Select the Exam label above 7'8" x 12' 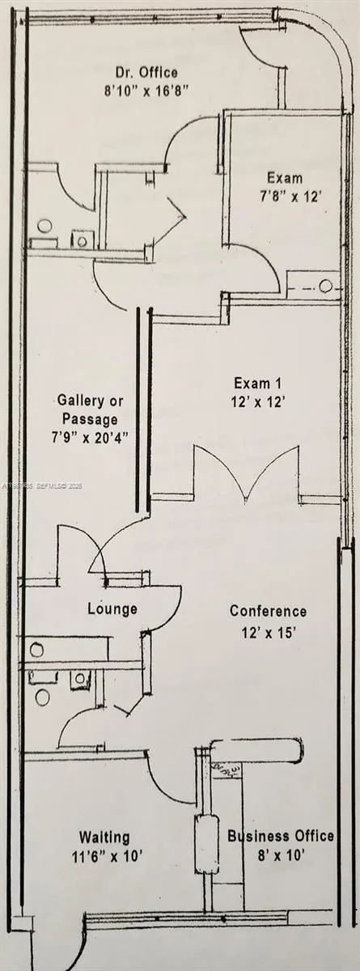(286, 178)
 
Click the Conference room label (268, 611)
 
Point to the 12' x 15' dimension (268, 630)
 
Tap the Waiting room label (104, 837)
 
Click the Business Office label (281, 837)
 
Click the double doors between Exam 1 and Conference (244, 477)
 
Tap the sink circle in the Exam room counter (325, 286)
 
